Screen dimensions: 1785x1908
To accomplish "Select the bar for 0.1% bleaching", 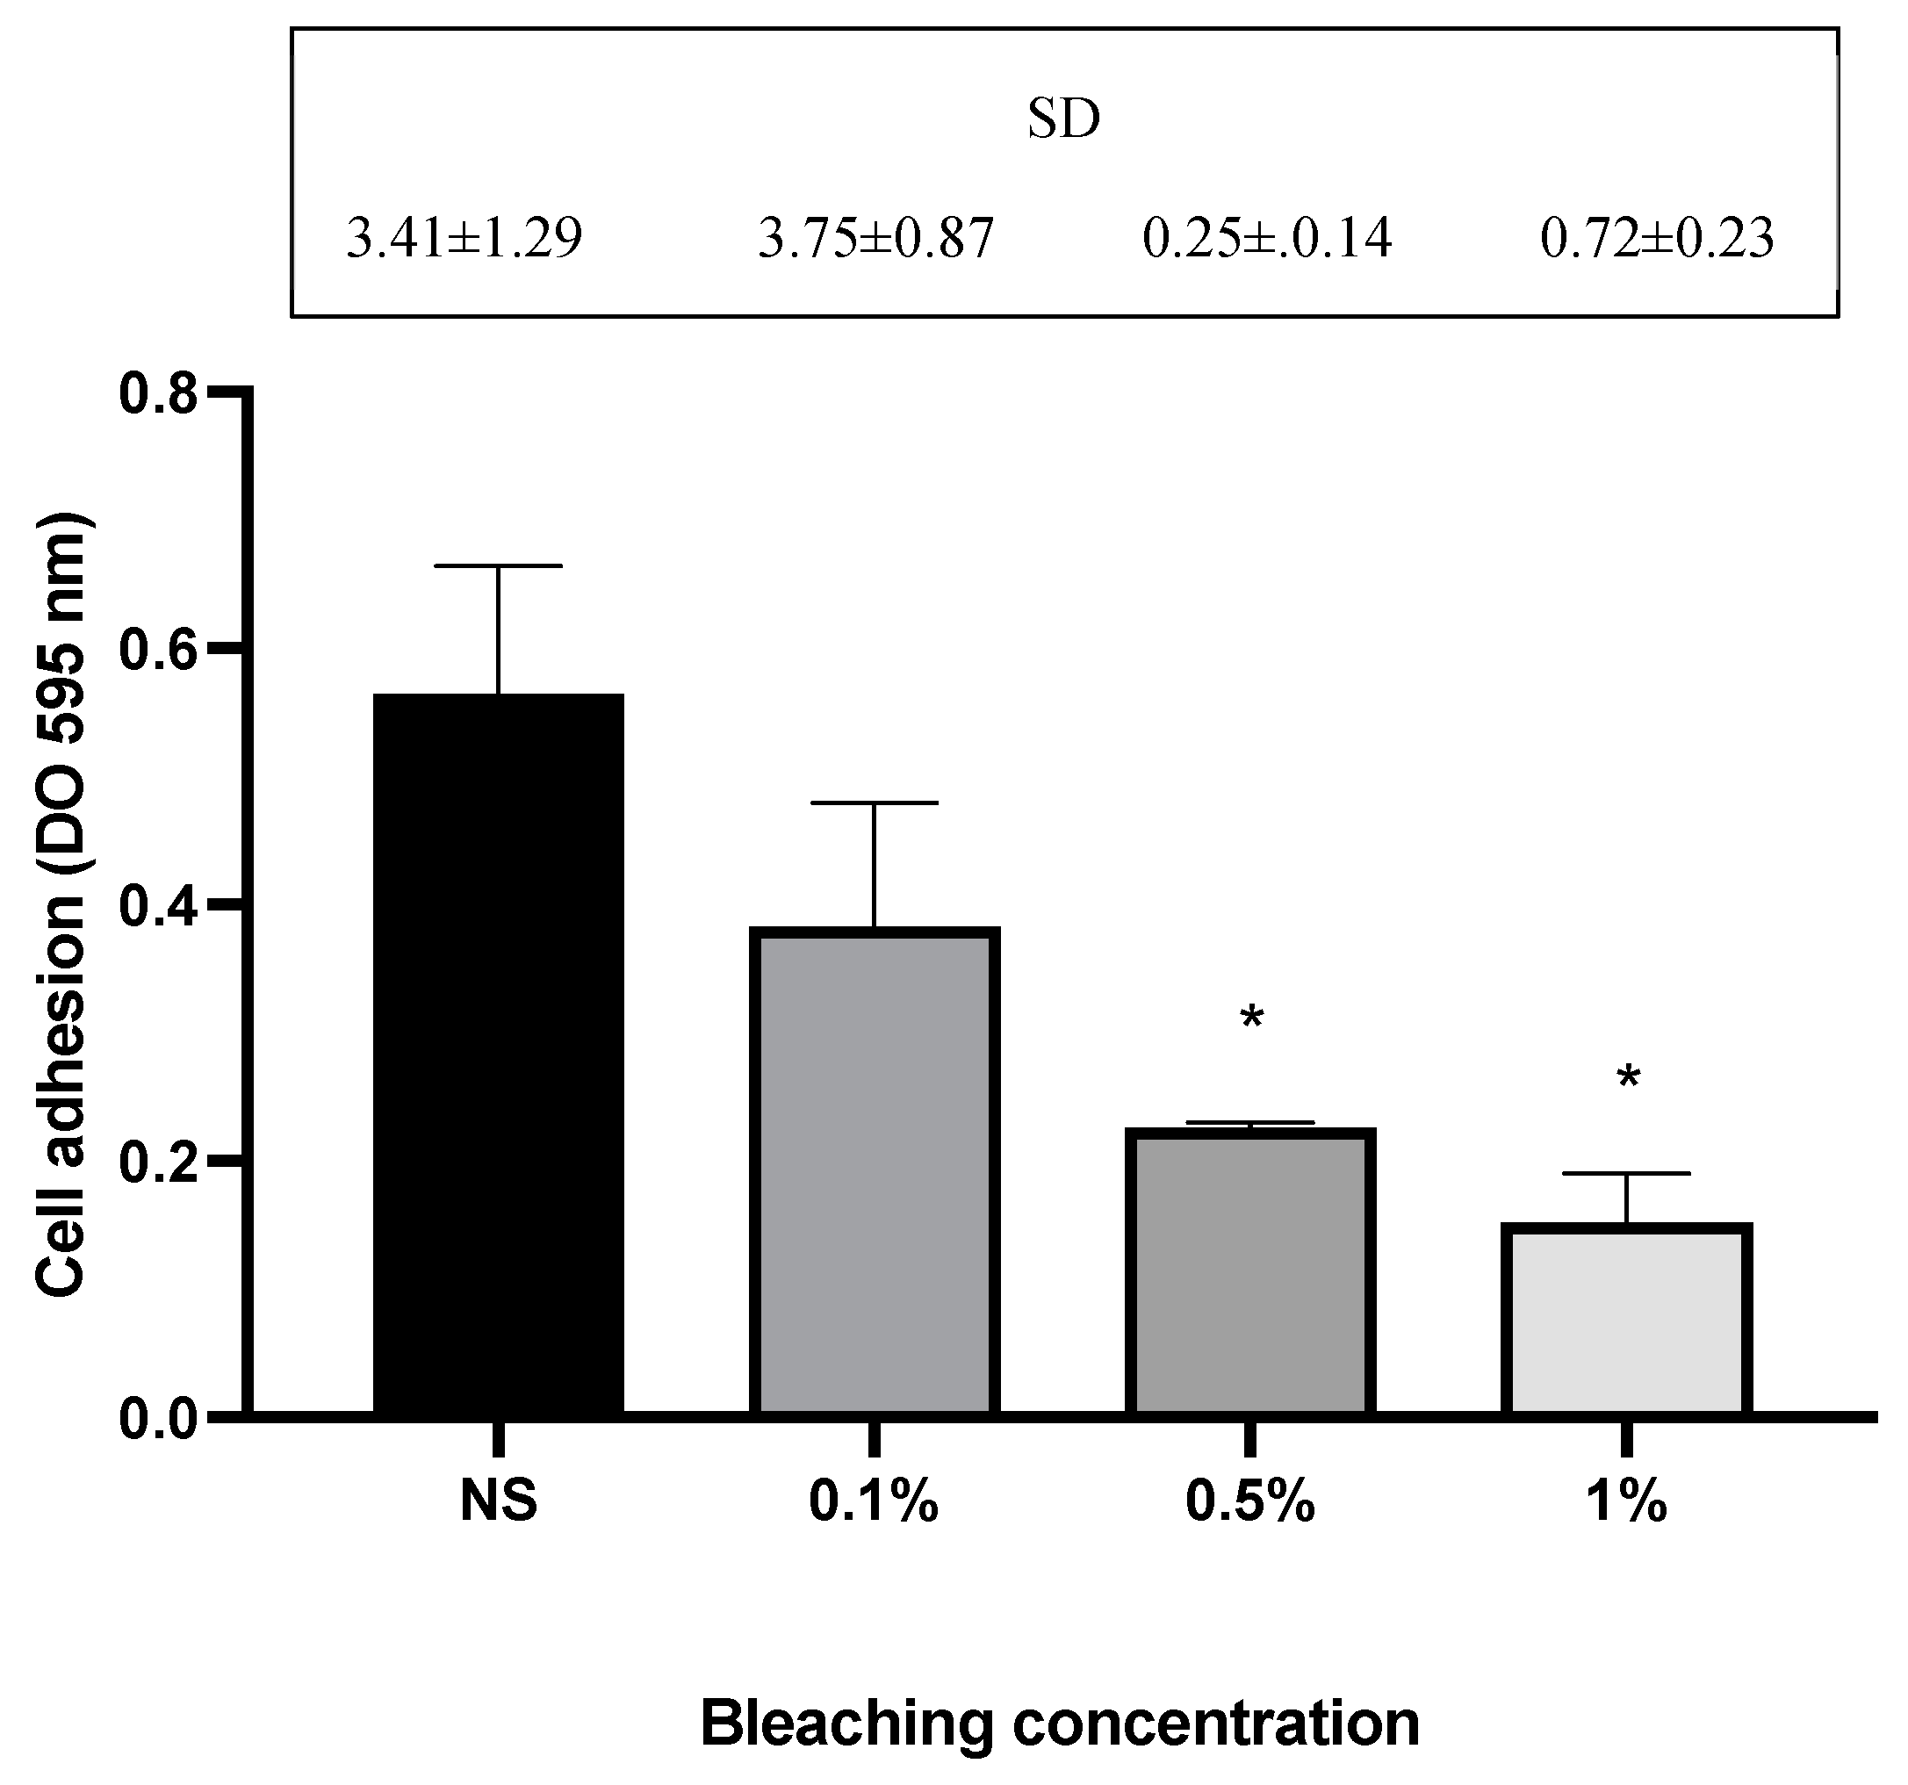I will pos(875,1170).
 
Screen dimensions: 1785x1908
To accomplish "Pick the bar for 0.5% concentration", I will pos(1250,1270).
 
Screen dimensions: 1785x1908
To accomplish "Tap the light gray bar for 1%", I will pos(1627,1319).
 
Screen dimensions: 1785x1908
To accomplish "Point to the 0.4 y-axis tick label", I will pos(157,905).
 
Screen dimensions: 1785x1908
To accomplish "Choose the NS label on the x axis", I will pos(498,1502).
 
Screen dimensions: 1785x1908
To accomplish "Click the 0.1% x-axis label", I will pos(874,1502).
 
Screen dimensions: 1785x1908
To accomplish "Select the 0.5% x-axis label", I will pos(1249,1502).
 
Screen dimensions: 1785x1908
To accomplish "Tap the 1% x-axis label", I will pos(1627,1502).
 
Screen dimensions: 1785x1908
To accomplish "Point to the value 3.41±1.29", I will pos(464,239).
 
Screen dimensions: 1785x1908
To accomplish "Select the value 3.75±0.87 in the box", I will pos(875,239).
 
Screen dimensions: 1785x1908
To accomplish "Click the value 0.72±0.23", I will pos(1658,239).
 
